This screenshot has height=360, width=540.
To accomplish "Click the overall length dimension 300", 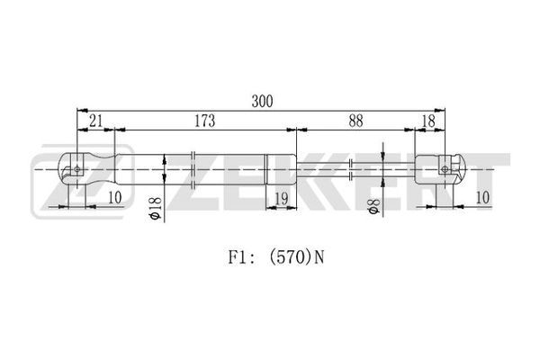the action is tap(262, 102).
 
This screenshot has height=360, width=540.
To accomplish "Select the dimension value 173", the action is tap(205, 121).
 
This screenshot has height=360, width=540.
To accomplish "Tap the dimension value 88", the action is tap(355, 121).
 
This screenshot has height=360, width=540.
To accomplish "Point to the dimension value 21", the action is tap(96, 121).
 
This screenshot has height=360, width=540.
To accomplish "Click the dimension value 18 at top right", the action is tap(428, 121).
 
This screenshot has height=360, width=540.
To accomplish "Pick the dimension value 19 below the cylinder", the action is tap(282, 199).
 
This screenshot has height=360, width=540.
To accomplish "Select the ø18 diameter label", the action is tap(155, 208).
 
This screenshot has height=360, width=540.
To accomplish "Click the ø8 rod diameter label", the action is tap(374, 206).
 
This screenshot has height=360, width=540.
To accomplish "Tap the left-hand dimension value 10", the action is tap(115, 197).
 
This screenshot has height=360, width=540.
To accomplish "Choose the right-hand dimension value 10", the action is tap(482, 197).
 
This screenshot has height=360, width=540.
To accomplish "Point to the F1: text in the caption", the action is tap(241, 257).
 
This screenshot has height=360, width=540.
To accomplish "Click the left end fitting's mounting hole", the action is tap(77, 169).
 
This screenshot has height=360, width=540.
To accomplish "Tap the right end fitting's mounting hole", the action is tap(445, 169).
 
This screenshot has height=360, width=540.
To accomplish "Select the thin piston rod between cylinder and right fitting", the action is tap(355, 169).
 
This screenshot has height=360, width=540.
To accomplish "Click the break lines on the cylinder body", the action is tap(193, 169).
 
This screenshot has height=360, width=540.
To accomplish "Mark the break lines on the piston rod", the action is tap(351, 169).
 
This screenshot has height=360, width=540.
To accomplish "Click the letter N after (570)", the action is tap(319, 257).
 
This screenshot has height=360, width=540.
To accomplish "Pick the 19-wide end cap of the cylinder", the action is tap(281, 169).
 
